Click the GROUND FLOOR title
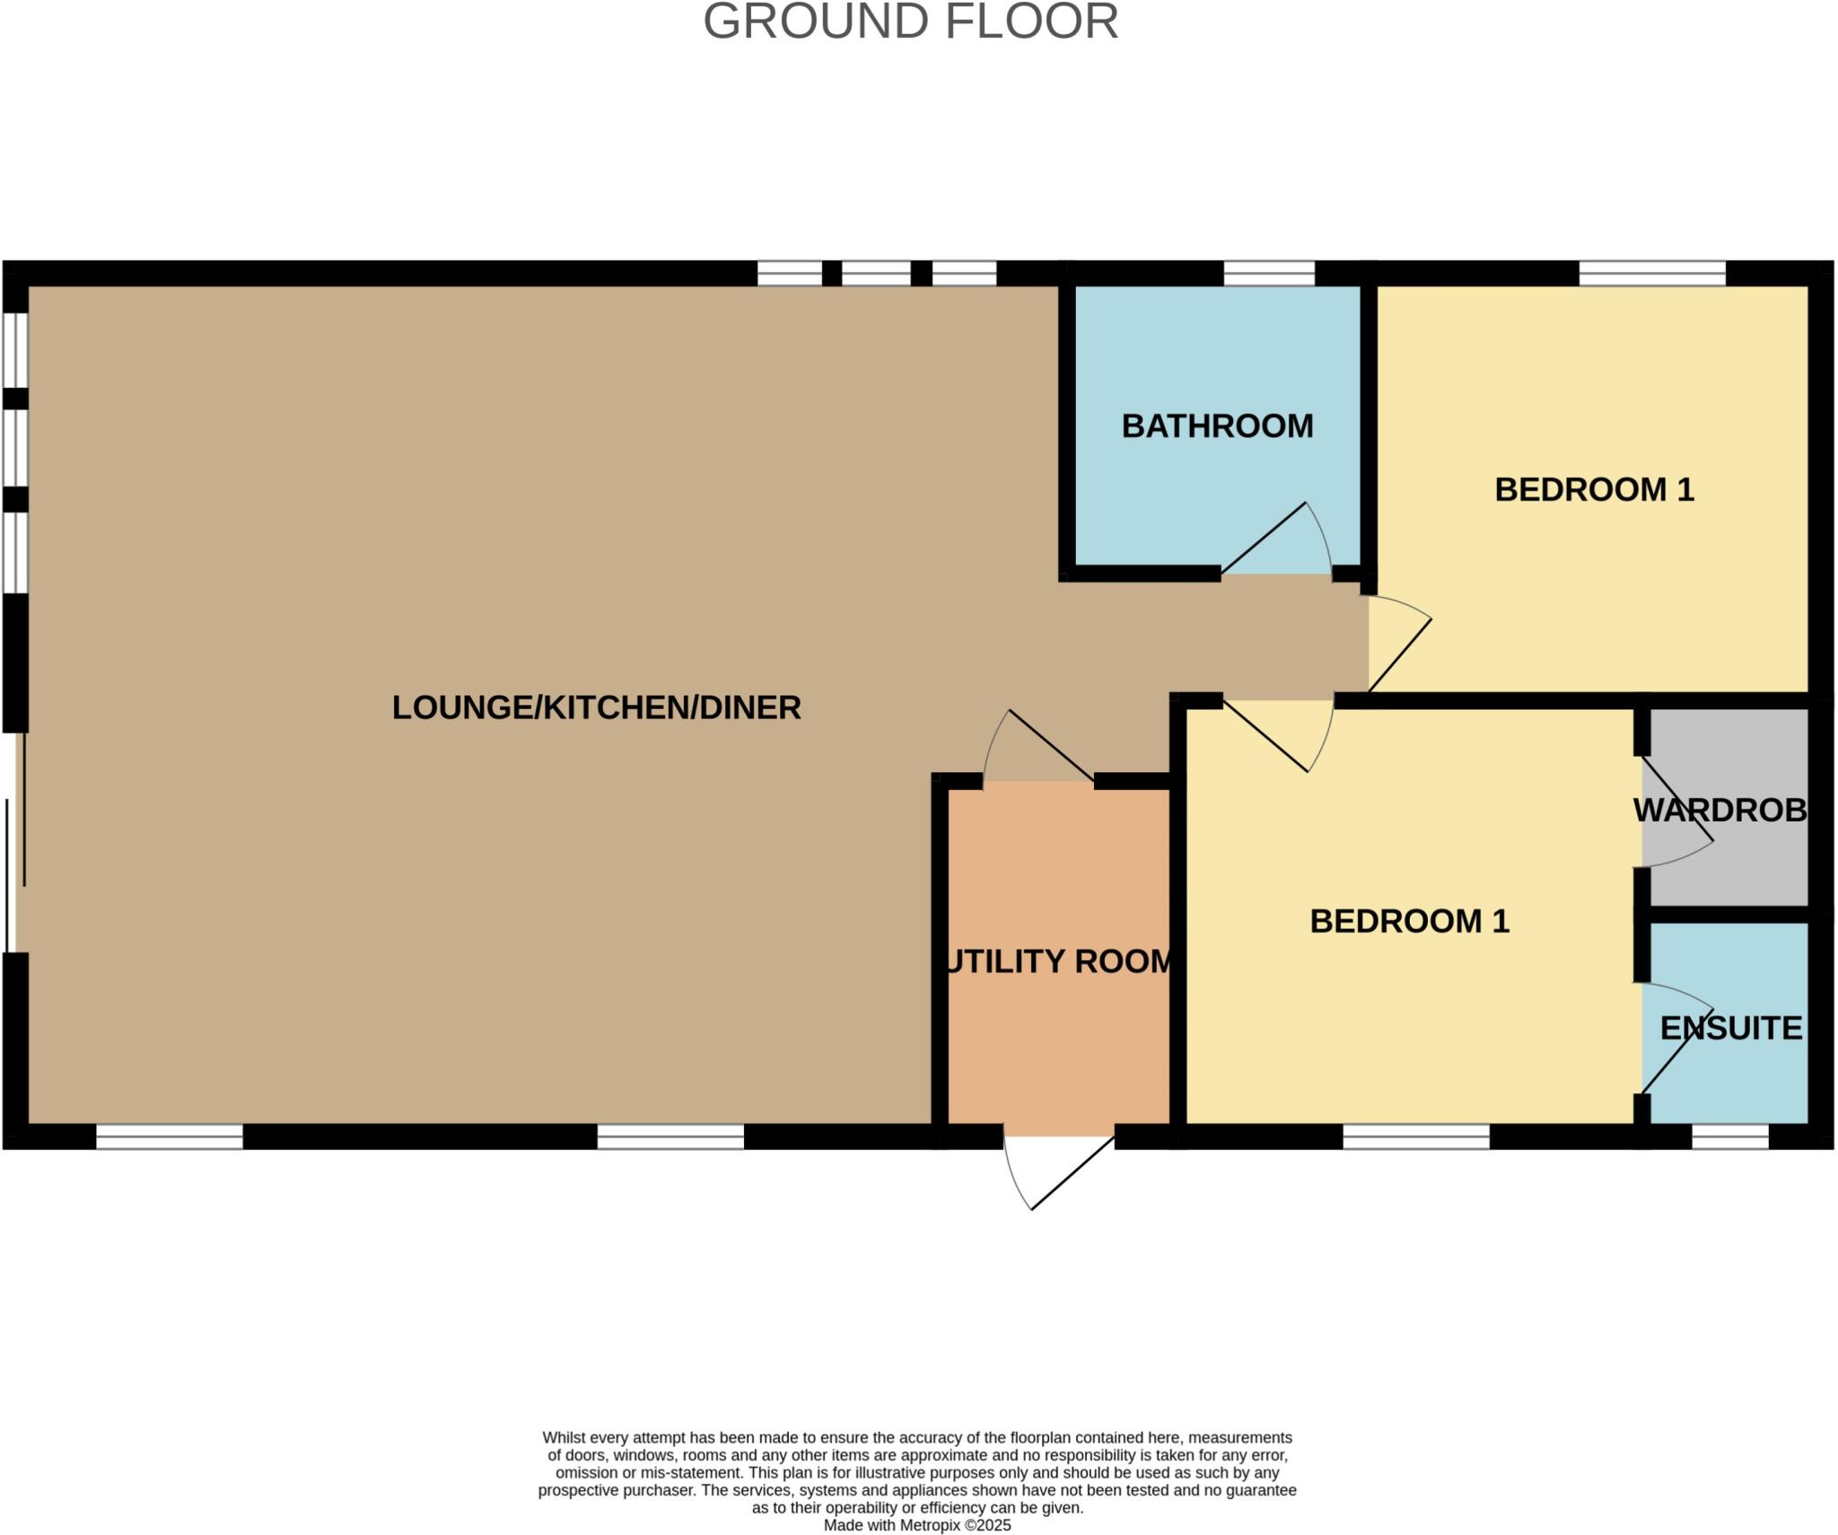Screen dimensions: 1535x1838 point(910,22)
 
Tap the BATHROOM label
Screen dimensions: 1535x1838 point(1217,425)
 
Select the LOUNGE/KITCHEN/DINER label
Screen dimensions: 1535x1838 point(596,707)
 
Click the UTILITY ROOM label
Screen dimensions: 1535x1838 point(1060,961)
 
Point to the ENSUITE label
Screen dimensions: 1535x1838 point(1730,1028)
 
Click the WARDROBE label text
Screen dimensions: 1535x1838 point(1720,811)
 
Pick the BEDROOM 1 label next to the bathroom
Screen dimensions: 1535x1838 point(1594,489)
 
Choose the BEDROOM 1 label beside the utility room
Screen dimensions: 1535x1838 point(1409,921)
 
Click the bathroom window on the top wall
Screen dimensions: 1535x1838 point(1269,273)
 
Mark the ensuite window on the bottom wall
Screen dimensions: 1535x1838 point(1729,1136)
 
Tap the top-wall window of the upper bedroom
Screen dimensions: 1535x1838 point(1651,273)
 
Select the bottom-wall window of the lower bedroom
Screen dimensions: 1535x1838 point(1415,1136)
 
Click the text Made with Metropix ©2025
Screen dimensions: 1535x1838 point(916,1525)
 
